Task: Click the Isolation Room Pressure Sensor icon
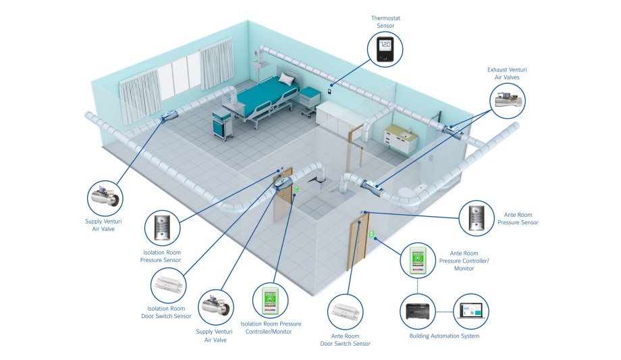163,228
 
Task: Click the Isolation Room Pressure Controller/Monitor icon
270,301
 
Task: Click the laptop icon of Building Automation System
470,311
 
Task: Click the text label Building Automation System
444,336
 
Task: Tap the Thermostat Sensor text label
385,22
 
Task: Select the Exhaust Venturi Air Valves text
508,74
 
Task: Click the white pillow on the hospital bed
286,80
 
